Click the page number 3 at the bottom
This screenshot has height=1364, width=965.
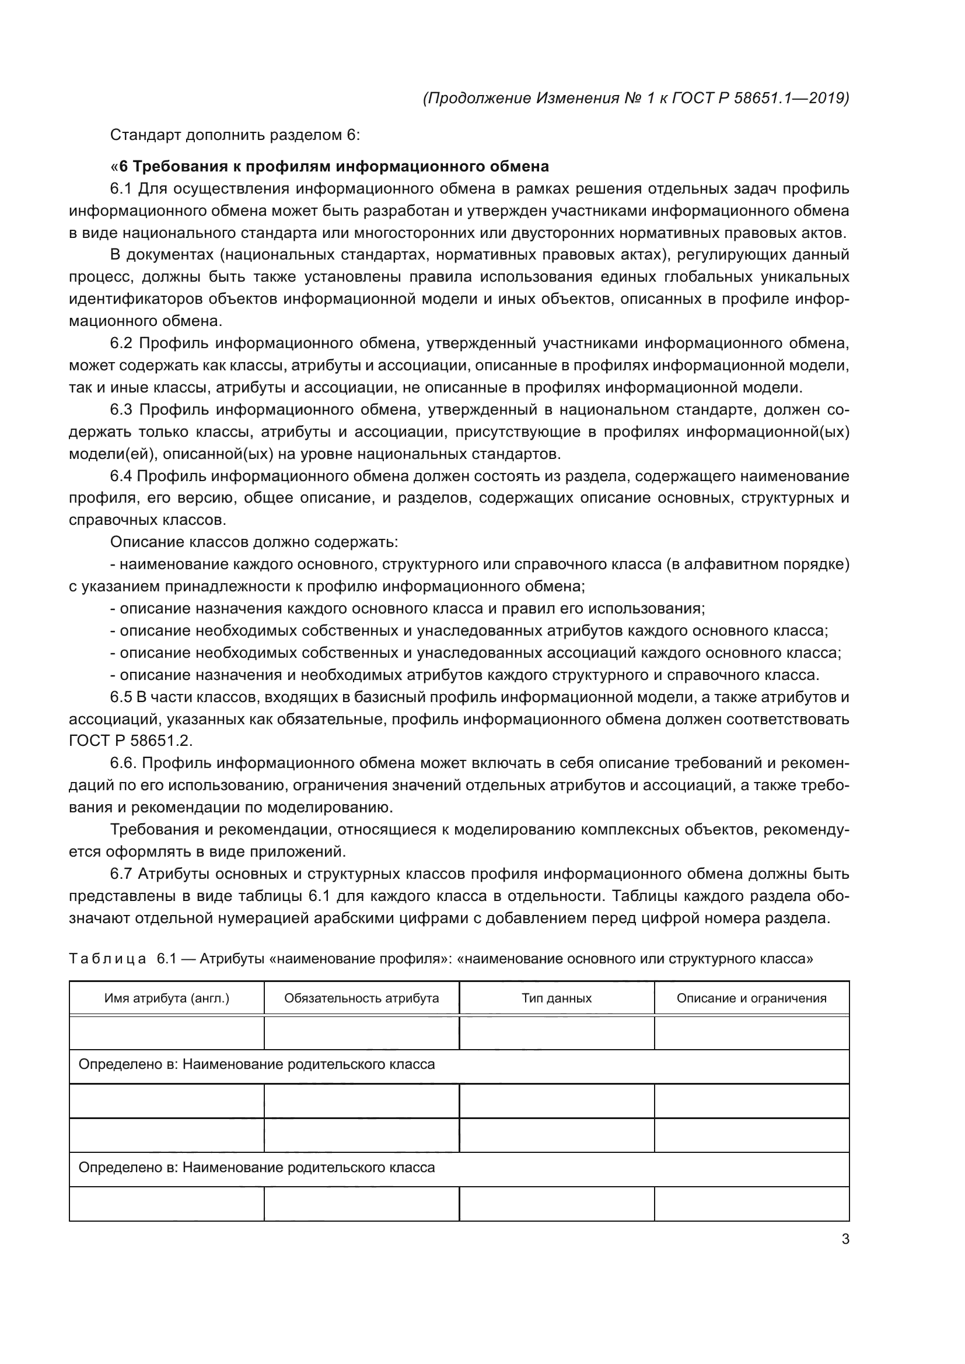845,1239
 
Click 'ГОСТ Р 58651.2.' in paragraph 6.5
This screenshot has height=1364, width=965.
131,741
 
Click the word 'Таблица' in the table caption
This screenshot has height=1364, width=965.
107,959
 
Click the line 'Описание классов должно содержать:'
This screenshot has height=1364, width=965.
254,542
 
